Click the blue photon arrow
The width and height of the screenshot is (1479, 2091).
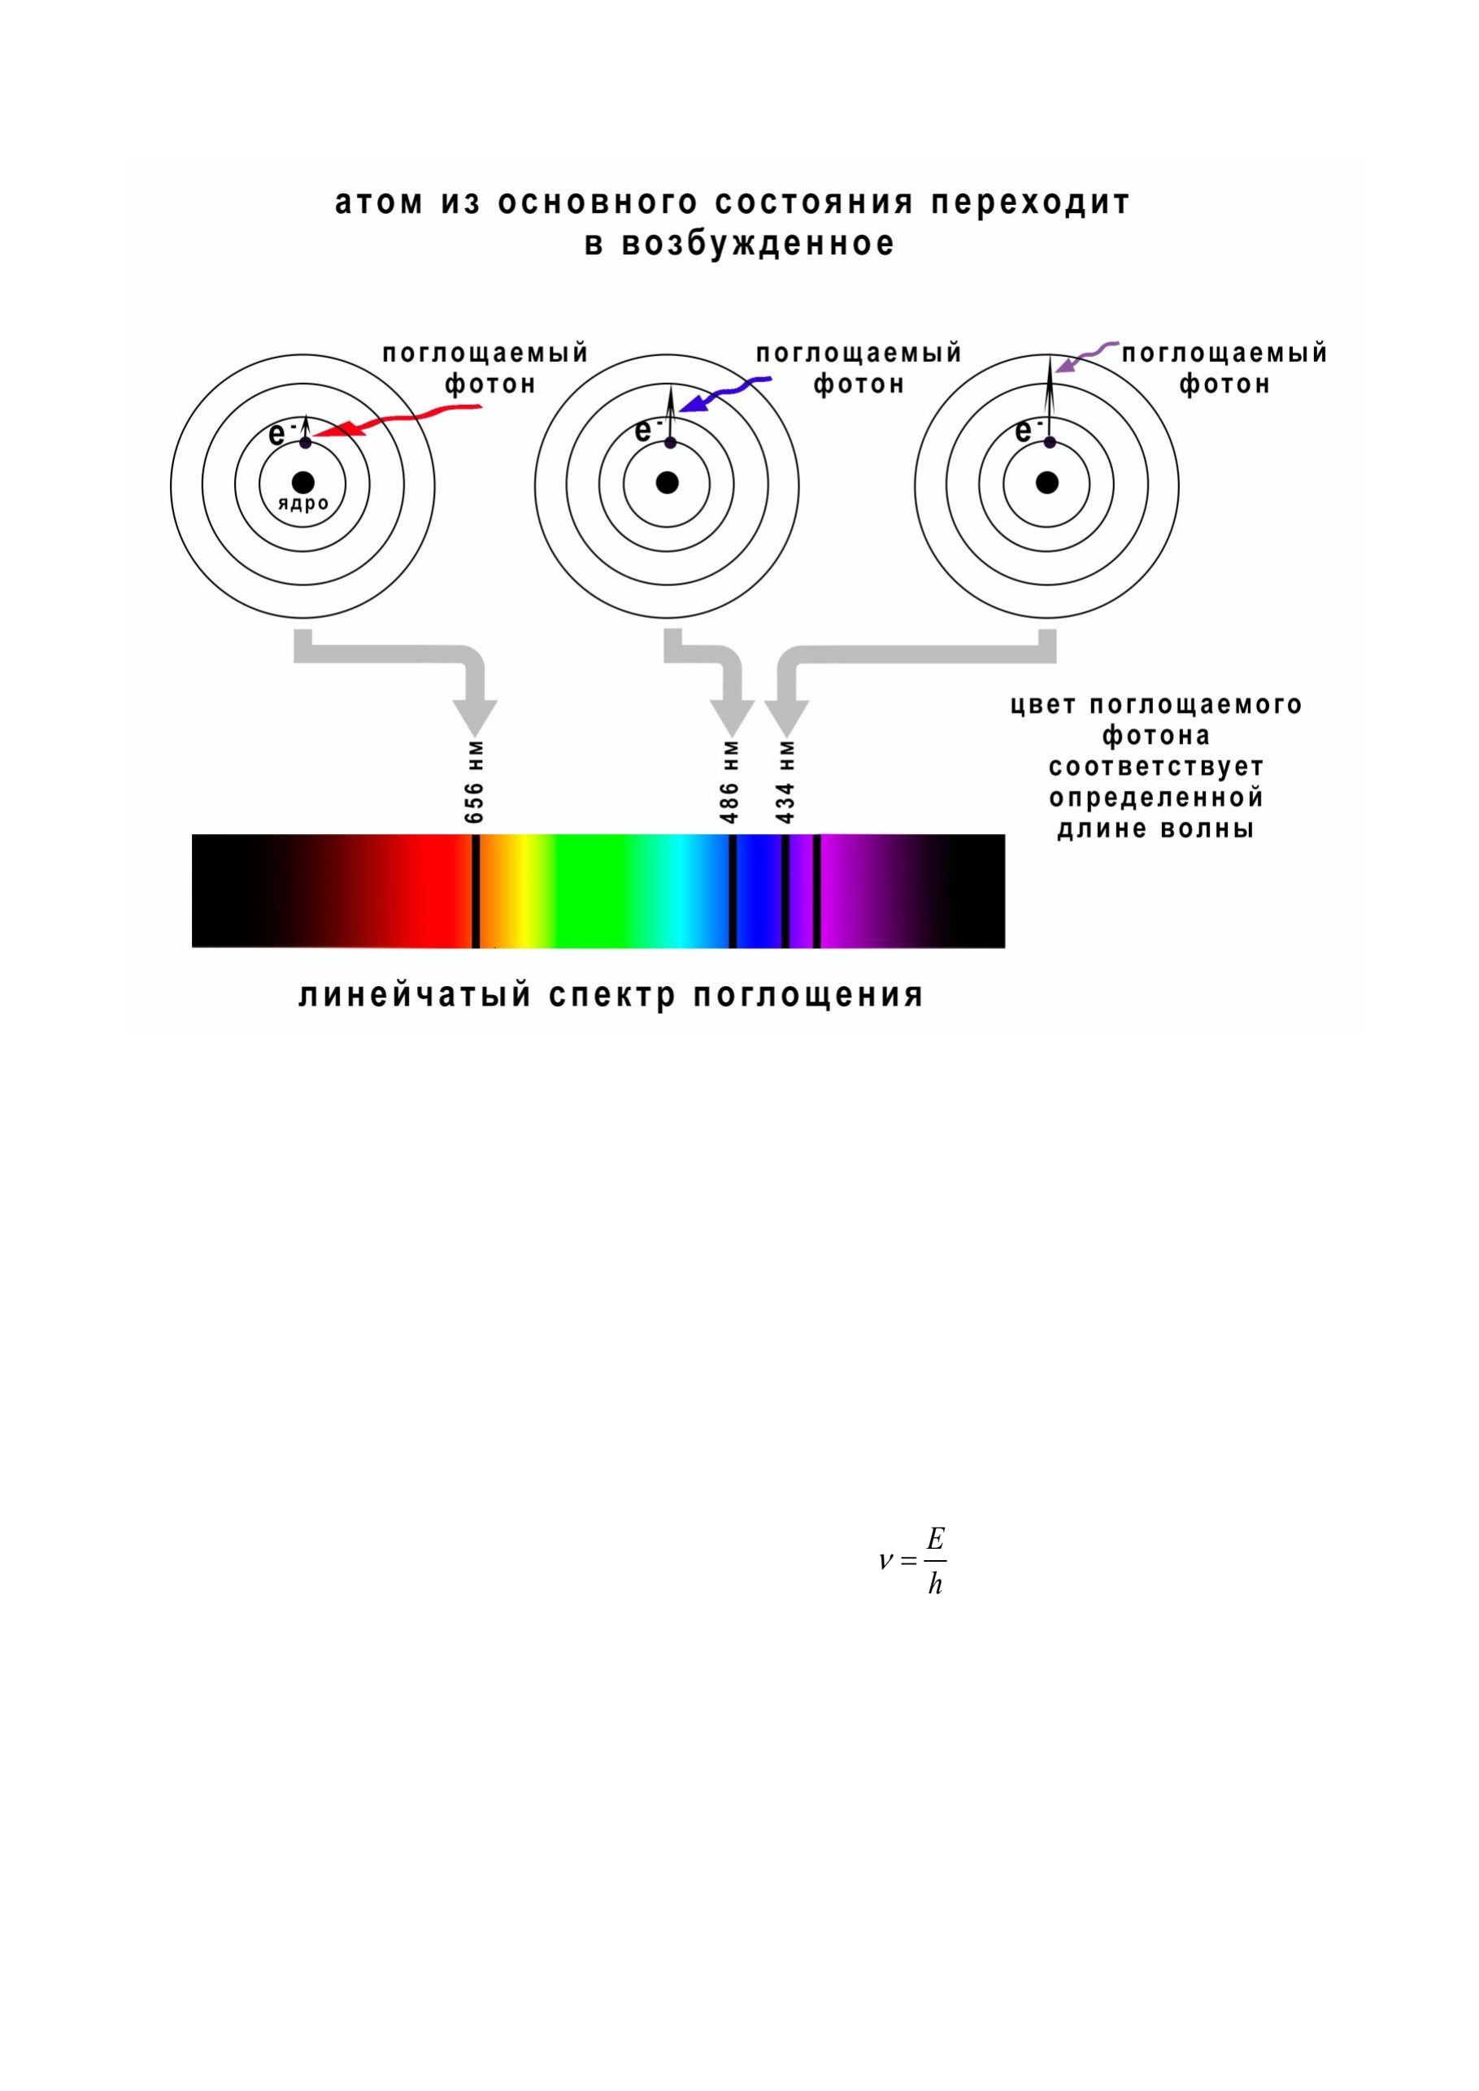tap(726, 393)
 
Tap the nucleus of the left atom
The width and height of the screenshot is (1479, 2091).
tap(302, 483)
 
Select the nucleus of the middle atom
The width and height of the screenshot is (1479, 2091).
tap(668, 483)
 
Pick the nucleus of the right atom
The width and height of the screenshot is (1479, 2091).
tap(1047, 483)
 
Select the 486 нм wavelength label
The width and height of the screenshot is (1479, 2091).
tap(729, 782)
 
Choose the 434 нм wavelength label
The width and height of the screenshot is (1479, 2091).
tap(786, 782)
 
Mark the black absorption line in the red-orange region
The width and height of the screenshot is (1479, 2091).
tap(476, 891)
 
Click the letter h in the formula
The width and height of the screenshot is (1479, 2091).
tap(935, 1585)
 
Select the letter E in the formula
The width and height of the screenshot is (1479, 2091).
tap(935, 1539)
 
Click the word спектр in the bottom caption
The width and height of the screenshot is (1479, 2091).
tap(612, 995)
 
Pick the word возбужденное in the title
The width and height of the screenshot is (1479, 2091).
tap(758, 244)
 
